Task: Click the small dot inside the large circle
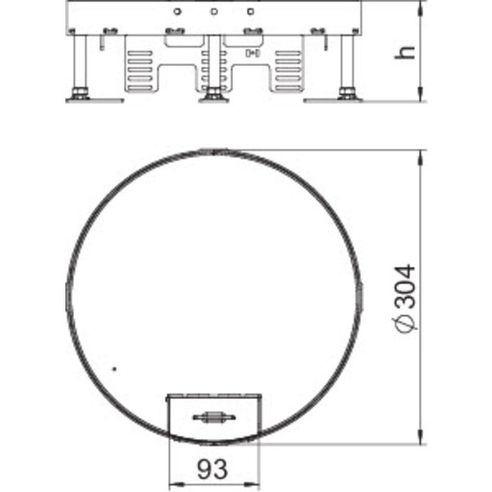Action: pos(114,369)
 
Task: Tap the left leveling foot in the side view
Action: pos(78,94)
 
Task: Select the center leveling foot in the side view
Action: pos(211,94)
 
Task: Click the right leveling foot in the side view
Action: pos(345,94)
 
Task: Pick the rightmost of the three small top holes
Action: pos(250,12)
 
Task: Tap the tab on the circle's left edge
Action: pos(62,297)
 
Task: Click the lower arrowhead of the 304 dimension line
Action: pos(421,438)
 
